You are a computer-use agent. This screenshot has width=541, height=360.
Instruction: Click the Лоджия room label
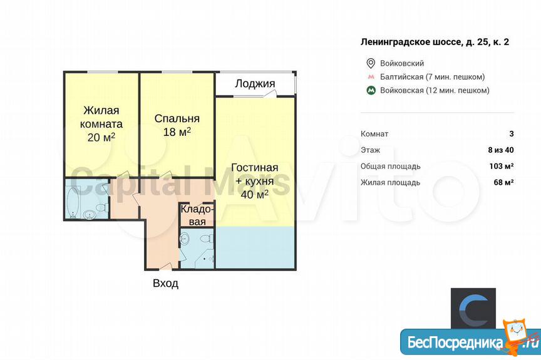255,84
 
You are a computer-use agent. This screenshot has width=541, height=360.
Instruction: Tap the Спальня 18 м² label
177,125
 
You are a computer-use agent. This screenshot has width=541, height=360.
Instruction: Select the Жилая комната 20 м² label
101,124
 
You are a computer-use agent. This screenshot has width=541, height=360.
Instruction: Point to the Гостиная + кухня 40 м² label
255,181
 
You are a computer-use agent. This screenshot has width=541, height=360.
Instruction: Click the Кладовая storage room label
197,215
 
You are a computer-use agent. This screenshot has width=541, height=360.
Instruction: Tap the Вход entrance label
165,284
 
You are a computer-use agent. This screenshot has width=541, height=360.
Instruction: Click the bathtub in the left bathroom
73,202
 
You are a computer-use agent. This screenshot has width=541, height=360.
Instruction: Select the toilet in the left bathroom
101,208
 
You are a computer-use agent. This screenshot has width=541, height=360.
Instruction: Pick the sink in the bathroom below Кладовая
185,238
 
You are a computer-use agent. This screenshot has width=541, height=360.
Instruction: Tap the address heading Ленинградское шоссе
435,42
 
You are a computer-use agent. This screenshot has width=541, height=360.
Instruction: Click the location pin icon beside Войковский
371,63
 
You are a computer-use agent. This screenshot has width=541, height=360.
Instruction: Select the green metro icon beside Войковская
371,90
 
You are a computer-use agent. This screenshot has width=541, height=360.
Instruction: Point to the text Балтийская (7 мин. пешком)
432,77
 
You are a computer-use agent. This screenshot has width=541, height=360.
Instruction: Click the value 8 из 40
501,150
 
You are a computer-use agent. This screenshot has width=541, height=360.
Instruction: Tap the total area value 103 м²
502,166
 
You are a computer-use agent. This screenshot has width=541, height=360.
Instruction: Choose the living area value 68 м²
503,182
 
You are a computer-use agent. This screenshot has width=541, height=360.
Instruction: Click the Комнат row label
374,134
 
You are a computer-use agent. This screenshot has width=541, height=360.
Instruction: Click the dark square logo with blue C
473,309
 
